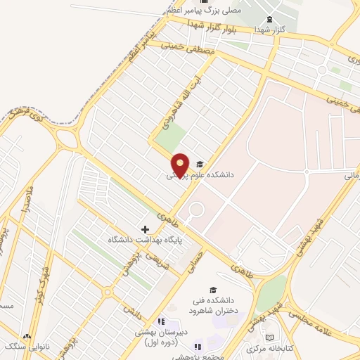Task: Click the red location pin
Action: pyautogui.click(x=180, y=165)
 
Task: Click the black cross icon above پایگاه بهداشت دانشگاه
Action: pyautogui.click(x=146, y=229)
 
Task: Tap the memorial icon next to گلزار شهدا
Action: pyautogui.click(x=268, y=19)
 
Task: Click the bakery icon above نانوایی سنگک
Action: pyautogui.click(x=28, y=337)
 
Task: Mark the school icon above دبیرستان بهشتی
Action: pyautogui.click(x=161, y=321)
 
